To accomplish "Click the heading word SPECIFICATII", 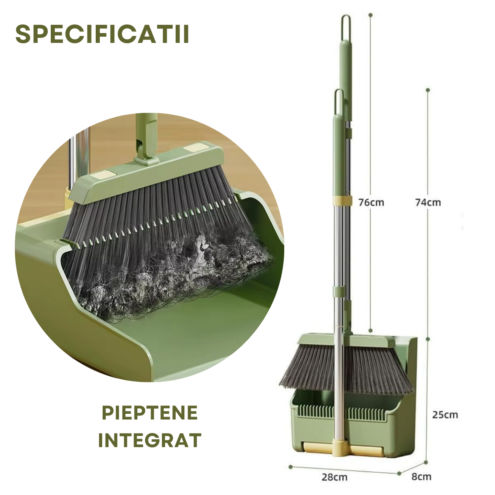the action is click(102, 34).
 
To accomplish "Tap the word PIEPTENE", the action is click(150, 413).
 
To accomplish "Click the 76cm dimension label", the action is click(371, 203).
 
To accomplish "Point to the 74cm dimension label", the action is click(428, 203).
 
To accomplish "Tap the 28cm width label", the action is click(335, 470).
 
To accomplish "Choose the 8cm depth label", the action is click(421, 469).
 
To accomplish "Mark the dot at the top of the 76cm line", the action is click(370, 15).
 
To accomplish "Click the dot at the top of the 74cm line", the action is click(428, 90).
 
